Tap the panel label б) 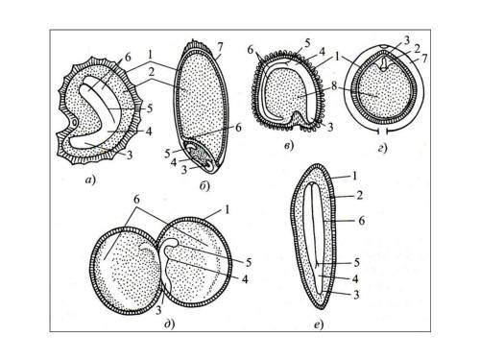click(204, 185)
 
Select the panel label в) click(289, 146)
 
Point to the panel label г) click(382, 148)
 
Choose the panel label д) click(170, 324)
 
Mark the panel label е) click(319, 325)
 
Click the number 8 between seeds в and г click(334, 87)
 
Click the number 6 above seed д click(136, 200)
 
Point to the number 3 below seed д click(158, 310)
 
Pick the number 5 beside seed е click(357, 263)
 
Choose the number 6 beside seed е click(361, 221)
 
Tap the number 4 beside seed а click(149, 131)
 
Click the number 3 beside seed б click(183, 170)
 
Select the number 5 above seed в click(307, 44)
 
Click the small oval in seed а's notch click(74, 122)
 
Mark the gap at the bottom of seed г click(383, 132)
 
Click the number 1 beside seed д click(227, 210)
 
